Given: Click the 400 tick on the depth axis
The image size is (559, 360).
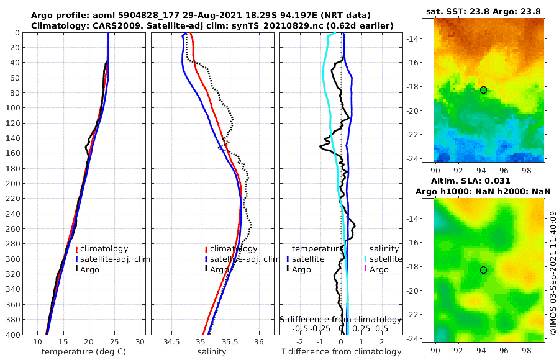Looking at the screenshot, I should click(x=12, y=335).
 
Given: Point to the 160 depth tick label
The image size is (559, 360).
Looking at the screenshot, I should click(x=12, y=153).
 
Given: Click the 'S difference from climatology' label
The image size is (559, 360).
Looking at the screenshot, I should click(x=340, y=319).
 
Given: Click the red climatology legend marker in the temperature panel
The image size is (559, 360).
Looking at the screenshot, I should click(x=76, y=249).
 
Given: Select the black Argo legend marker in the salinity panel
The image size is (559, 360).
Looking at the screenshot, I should click(x=206, y=269).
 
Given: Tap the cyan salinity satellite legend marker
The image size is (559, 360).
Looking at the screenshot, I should click(x=366, y=259).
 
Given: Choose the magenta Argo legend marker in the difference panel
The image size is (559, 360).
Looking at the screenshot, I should click(x=366, y=269).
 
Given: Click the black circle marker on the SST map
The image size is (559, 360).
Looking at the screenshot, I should click(x=483, y=90).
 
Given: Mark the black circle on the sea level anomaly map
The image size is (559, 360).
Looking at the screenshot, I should click(x=483, y=270).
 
